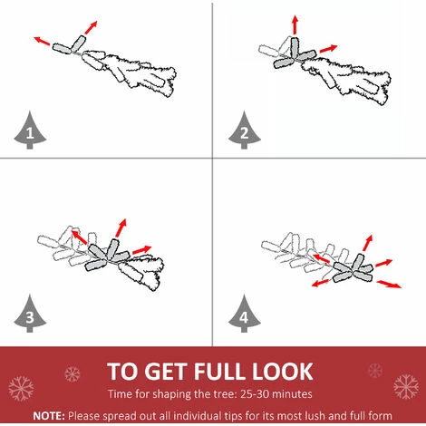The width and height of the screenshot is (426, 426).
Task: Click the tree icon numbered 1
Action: [30, 131]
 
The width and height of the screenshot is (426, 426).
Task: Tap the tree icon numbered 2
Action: [245, 131]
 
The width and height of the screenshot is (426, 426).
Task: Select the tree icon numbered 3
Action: [30, 315]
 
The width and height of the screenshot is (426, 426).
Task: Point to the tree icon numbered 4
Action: [245, 315]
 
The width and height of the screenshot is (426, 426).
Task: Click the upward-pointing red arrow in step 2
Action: [295, 24]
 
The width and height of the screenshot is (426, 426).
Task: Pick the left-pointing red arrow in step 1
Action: [42, 41]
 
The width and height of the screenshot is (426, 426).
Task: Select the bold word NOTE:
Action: [49, 416]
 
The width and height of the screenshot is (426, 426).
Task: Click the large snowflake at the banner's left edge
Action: [21, 389]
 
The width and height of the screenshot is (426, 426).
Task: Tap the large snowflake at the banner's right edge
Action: [406, 387]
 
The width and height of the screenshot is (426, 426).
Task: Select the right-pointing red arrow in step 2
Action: [328, 48]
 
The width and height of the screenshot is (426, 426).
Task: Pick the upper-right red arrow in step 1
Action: [91, 27]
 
